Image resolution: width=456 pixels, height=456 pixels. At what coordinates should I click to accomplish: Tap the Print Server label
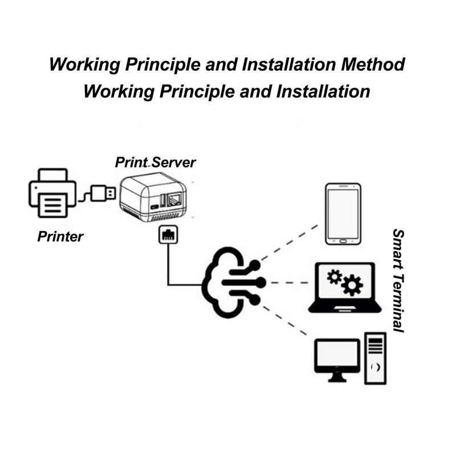[155, 162]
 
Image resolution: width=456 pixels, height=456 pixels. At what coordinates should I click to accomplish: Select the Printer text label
[60, 237]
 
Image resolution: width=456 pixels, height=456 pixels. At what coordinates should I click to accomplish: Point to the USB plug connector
[103, 194]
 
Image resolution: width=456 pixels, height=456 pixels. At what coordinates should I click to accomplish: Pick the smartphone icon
[343, 214]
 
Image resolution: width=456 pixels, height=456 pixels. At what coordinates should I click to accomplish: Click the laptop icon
[345, 287]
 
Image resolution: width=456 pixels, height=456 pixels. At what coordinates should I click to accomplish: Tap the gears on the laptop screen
[344, 282]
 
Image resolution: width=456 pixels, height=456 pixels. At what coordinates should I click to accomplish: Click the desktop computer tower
[375, 358]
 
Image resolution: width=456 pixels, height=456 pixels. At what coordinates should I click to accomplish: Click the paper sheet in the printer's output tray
[52, 203]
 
